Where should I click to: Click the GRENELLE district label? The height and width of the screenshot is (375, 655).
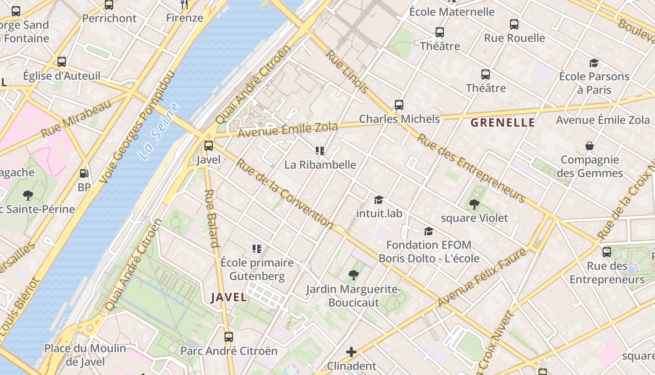[502, 123]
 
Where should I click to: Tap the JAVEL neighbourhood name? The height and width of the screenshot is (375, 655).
[229, 297]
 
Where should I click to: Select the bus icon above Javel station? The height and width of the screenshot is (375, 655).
[209, 146]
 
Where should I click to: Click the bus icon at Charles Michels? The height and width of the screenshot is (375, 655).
[399, 105]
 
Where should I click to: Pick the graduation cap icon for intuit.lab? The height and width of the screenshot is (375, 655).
[378, 200]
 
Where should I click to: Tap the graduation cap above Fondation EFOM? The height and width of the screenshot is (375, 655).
[428, 231]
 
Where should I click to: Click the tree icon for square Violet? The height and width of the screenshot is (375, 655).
[474, 204]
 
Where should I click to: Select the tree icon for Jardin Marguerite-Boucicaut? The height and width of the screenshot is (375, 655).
[353, 275]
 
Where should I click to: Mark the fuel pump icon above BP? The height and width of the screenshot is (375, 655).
[84, 173]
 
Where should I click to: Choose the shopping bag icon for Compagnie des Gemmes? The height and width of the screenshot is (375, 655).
[589, 146]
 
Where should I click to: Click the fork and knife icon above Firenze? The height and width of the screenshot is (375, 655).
[184, 5]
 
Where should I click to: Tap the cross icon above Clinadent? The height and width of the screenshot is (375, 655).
[351, 352]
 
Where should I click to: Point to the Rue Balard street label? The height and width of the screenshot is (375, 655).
[212, 218]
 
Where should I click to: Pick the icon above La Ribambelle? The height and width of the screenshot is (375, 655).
[320, 151]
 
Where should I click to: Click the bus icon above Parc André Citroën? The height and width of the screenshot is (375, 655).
[229, 337]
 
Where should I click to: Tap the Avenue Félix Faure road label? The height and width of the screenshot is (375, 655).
[482, 277]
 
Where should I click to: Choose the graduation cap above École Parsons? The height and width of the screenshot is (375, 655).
[594, 63]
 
